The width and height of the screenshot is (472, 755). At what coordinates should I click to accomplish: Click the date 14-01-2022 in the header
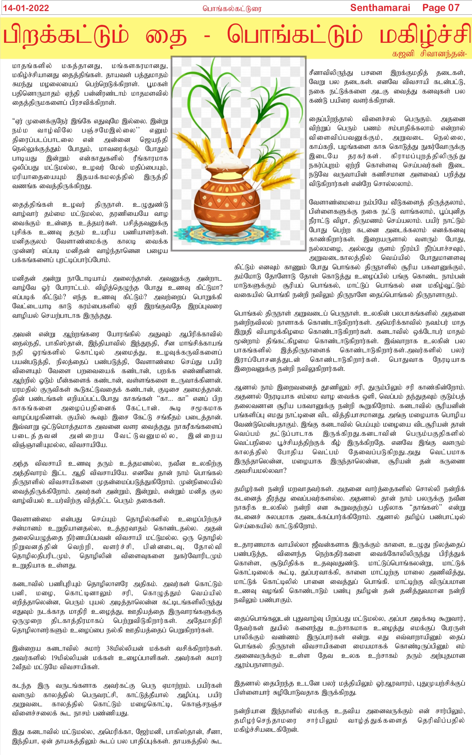(26, 8)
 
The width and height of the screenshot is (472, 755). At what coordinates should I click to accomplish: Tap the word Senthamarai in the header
(380, 8)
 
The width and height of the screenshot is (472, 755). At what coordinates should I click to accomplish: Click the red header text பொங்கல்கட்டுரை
(232, 8)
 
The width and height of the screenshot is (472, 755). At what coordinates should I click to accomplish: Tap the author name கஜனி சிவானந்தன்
(429, 54)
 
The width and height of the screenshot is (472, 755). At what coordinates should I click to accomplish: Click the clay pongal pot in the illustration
(227, 201)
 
